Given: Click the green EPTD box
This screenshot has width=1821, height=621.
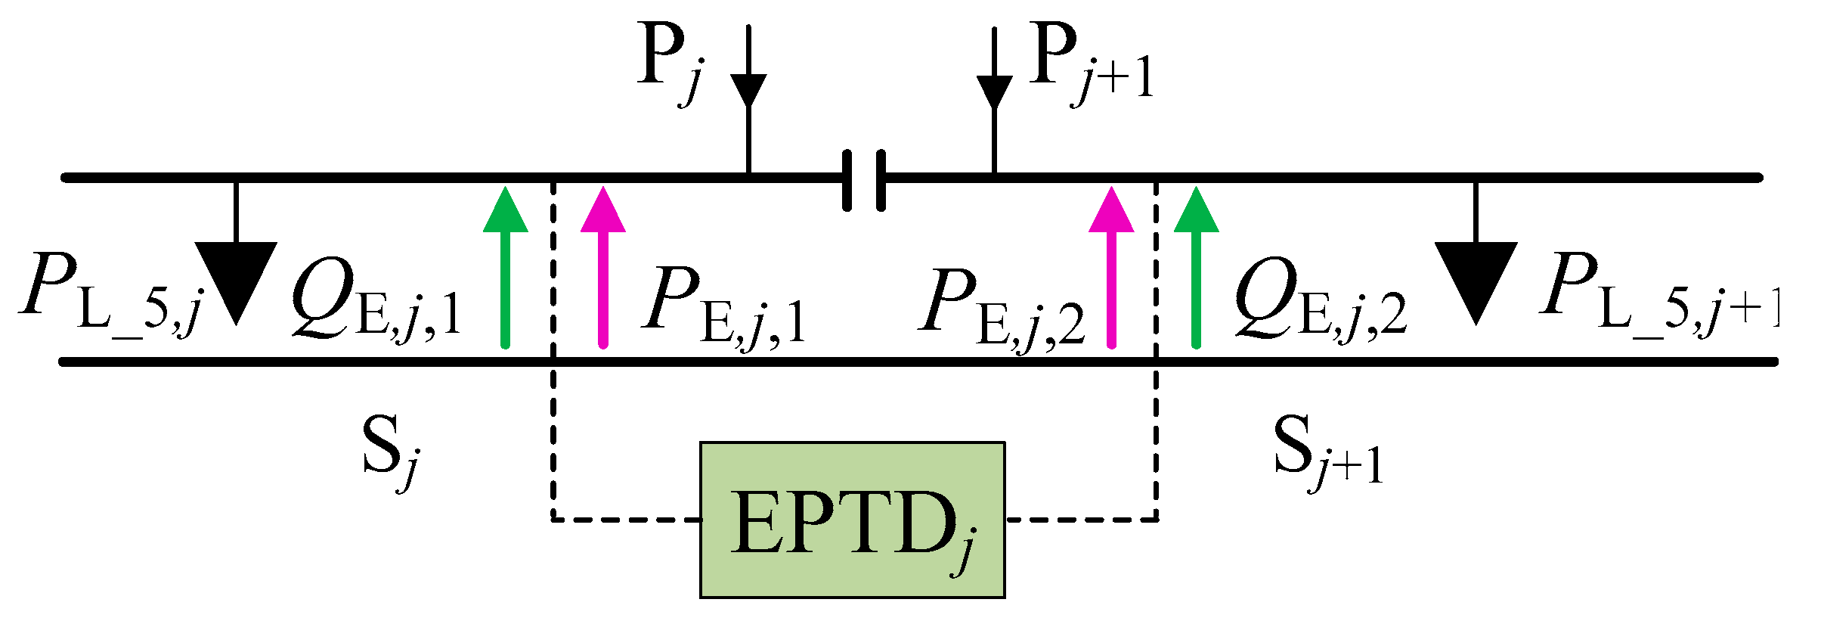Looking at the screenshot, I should click(x=852, y=520).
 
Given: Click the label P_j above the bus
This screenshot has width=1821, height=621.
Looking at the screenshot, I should click(x=670, y=64).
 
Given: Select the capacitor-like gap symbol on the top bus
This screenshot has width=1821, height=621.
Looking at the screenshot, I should click(x=863, y=180).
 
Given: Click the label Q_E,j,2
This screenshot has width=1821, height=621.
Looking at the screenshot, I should click(x=1320, y=299).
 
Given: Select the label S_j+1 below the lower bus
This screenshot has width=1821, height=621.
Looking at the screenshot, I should click(x=1327, y=450).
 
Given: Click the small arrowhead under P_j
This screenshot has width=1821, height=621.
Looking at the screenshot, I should click(x=748, y=89).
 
